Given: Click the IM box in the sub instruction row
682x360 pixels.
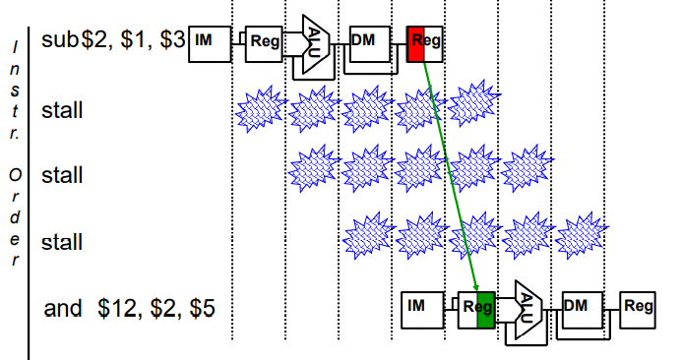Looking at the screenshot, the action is (x=210, y=44).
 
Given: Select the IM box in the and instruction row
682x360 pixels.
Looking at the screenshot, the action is (x=422, y=310).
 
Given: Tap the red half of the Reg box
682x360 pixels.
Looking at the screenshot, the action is (x=415, y=44).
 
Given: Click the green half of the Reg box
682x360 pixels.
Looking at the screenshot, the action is (x=486, y=310).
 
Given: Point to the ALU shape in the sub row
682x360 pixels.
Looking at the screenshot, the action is (x=316, y=44).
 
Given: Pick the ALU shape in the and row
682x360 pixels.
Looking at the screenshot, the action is (x=528, y=310).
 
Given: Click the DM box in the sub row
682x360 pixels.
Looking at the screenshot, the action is (x=370, y=44).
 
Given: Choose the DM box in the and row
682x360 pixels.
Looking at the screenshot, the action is (x=583, y=310).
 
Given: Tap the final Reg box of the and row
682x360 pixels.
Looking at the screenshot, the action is (x=637, y=310).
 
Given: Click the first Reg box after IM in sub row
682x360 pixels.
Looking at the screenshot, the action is (x=264, y=44).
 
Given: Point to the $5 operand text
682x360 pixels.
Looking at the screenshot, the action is (x=203, y=308).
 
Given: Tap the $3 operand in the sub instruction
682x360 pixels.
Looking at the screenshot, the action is (x=172, y=39).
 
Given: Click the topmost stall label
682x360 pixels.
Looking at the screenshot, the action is (x=62, y=110).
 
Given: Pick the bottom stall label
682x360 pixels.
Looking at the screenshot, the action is (x=62, y=242).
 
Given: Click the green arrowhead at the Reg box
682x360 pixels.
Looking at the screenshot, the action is (x=476, y=288).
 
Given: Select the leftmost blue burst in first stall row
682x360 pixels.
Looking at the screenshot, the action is (x=261, y=109).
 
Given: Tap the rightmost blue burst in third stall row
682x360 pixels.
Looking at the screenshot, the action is (x=581, y=236).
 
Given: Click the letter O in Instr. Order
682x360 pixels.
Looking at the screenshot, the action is (x=15, y=175).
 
